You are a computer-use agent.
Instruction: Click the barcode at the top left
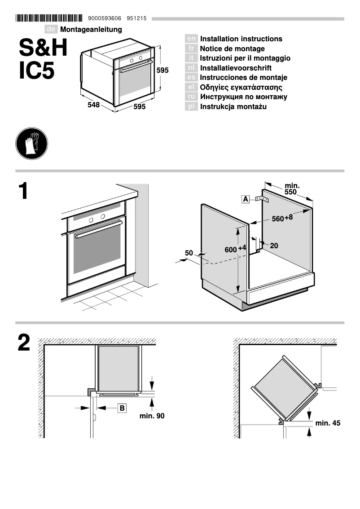tap(49, 18)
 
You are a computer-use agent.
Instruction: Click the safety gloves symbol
tap(31, 144)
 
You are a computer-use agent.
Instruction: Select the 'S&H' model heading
tap(44, 48)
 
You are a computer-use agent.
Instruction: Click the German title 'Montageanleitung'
tap(91, 30)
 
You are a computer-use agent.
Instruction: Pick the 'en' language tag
tap(191, 39)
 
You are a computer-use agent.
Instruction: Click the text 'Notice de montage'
tap(232, 48)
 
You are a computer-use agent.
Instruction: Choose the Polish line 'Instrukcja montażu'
tap(233, 106)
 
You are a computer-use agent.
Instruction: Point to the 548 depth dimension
tap(93, 105)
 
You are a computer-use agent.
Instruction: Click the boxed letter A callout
tap(246, 199)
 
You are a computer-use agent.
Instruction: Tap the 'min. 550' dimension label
tap(292, 189)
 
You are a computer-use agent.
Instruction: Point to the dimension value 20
tap(274, 246)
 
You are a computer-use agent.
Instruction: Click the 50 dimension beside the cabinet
tap(189, 253)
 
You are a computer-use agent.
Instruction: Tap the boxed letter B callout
tap(122, 408)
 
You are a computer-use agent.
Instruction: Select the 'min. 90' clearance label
tap(152, 416)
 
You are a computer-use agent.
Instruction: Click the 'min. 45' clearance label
tap(328, 423)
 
